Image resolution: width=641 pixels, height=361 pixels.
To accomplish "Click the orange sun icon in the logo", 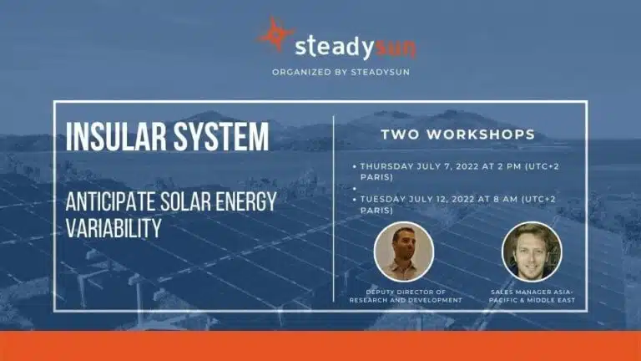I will (275, 35).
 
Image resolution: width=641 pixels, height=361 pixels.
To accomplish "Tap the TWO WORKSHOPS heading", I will (457, 134).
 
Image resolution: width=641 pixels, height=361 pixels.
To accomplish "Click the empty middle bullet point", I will (355, 189).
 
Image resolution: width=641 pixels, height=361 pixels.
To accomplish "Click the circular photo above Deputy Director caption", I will (404, 252).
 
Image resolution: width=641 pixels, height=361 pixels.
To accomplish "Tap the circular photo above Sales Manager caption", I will (532, 252).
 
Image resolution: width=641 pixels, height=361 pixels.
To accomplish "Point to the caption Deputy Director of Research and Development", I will (404, 295).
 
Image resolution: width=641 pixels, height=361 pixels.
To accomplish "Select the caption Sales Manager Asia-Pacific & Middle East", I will (532, 295).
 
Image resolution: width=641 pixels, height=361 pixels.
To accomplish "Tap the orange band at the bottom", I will (320, 346).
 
